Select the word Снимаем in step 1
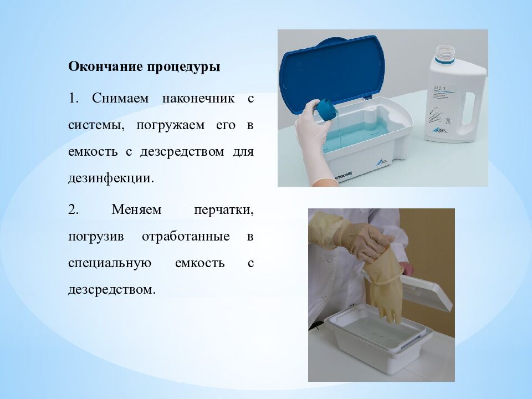(x=120, y=99)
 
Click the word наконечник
(x=198, y=99)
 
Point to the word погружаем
(x=171, y=126)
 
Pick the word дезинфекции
(x=111, y=178)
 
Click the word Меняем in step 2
(x=136, y=209)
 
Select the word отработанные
(x=186, y=237)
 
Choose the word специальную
(x=110, y=263)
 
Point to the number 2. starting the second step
(x=73, y=209)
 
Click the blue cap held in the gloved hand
(x=326, y=109)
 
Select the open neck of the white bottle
(x=445, y=53)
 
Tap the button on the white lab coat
(x=329, y=260)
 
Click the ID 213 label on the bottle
(x=439, y=89)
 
